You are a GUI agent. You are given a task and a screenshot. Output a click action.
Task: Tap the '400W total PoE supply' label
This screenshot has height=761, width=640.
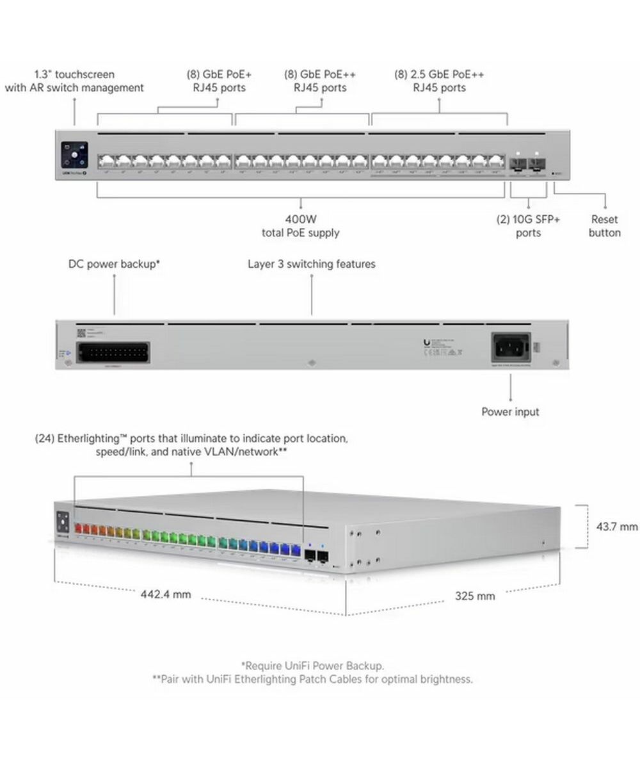(300, 226)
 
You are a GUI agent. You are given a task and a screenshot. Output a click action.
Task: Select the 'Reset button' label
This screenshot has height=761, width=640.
(604, 226)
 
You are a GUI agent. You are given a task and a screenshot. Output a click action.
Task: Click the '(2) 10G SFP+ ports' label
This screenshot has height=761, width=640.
(528, 226)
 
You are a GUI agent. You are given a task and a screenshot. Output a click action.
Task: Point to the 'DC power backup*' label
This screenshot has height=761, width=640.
(114, 264)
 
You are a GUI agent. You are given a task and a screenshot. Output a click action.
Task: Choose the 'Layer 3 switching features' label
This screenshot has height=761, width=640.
(311, 264)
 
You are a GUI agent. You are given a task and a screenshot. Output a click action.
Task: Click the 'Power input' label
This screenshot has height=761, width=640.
(510, 411)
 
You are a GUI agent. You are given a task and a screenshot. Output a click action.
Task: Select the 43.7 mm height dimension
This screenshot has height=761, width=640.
(617, 527)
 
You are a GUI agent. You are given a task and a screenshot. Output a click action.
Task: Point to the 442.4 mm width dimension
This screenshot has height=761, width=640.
(166, 594)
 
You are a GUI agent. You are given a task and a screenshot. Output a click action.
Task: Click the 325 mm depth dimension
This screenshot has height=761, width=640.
(475, 596)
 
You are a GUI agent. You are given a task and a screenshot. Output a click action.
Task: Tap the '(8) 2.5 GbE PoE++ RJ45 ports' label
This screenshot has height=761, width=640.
(439, 81)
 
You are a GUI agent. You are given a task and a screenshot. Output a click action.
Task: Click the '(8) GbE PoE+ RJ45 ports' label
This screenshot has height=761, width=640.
(220, 81)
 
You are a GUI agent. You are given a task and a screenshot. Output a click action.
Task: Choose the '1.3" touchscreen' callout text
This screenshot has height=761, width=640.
(74, 81)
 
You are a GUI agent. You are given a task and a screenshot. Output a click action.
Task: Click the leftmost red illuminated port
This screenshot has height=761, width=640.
(80, 529)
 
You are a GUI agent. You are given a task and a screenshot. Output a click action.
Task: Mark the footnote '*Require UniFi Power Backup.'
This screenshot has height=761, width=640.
(312, 666)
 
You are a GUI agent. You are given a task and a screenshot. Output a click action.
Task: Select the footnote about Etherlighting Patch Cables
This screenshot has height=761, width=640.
(312, 679)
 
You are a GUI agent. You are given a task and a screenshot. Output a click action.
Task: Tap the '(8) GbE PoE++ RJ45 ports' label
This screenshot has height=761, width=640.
(320, 81)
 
